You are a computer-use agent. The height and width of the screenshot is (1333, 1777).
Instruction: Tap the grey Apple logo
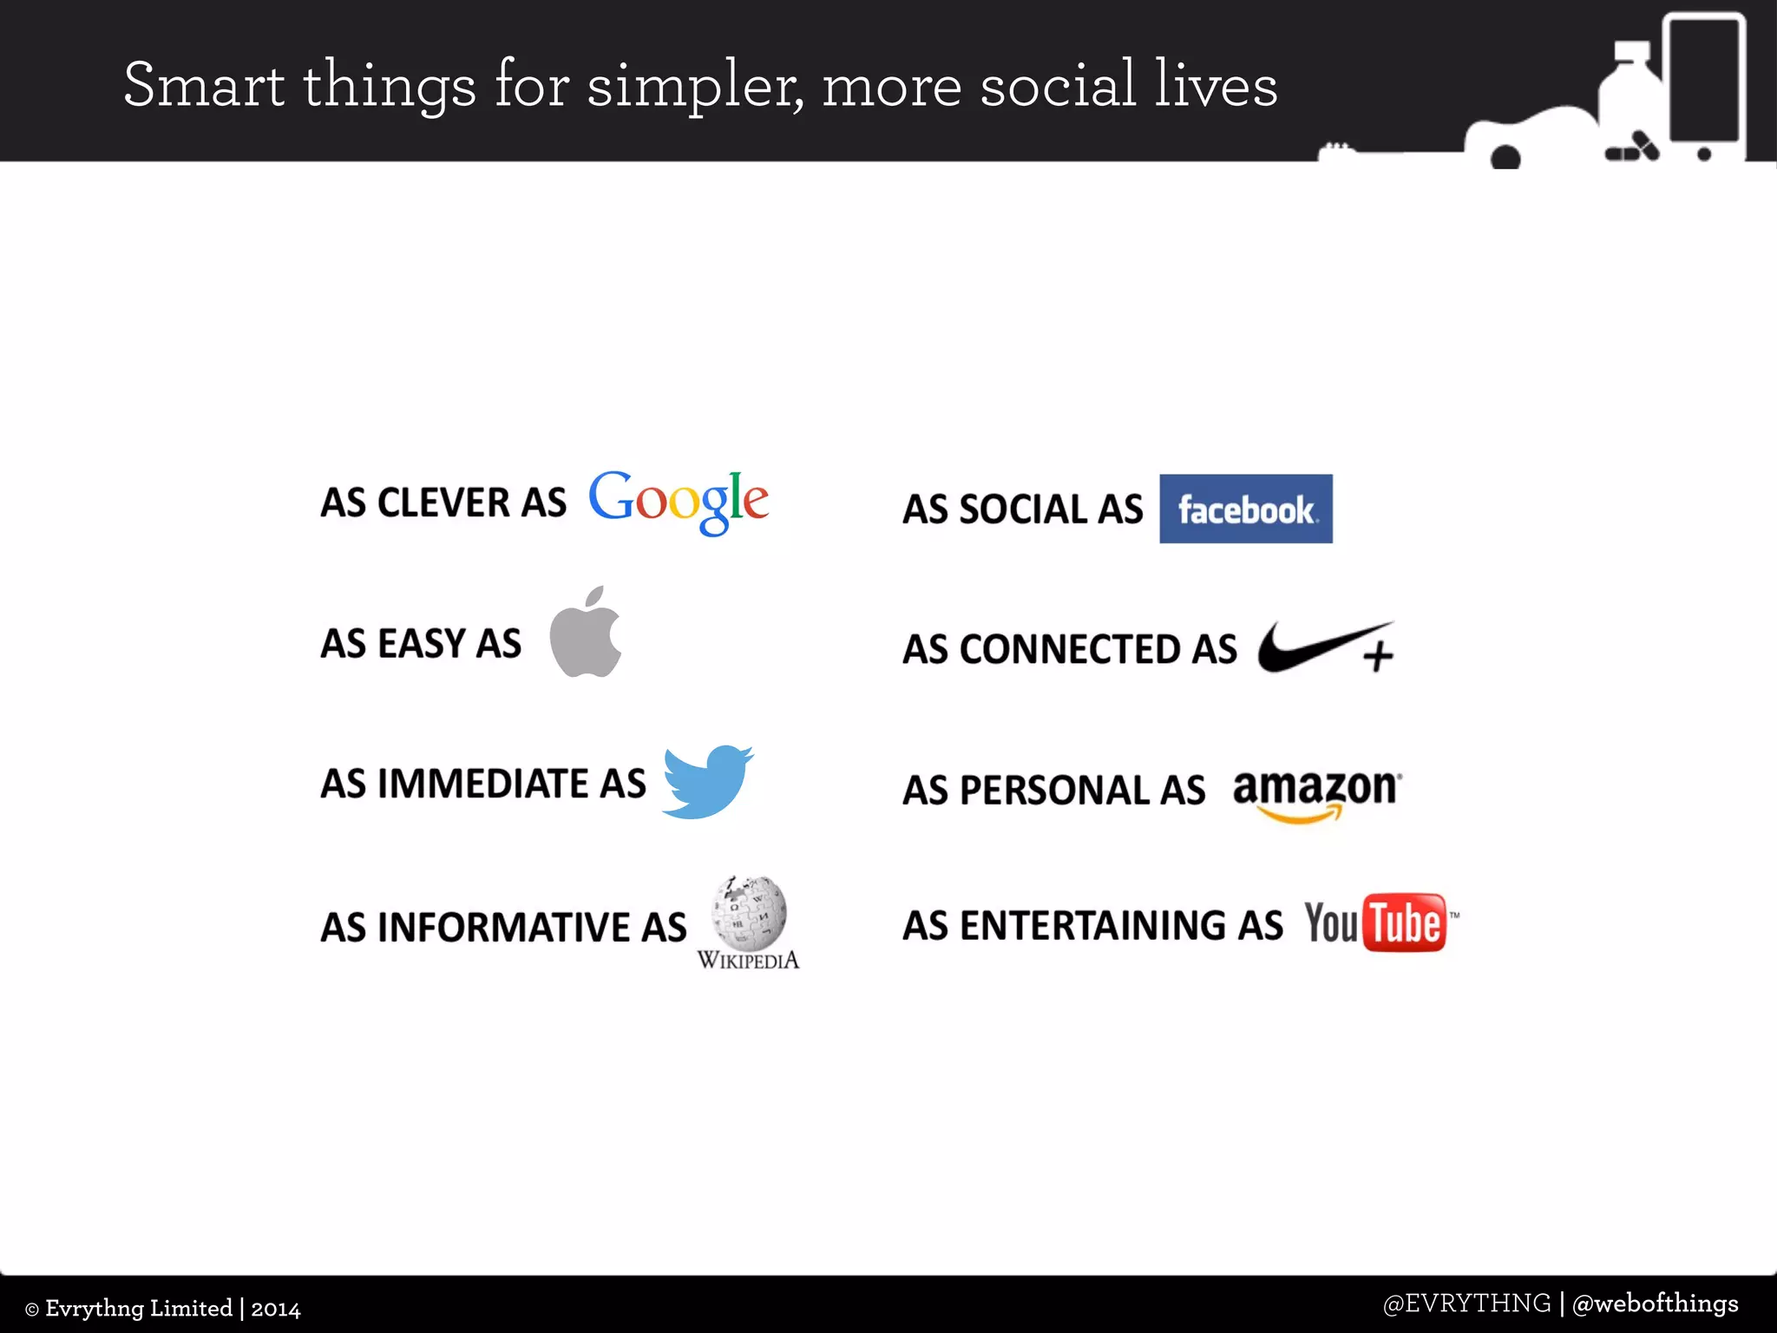[586, 634]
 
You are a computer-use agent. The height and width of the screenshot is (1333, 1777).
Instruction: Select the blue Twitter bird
[706, 781]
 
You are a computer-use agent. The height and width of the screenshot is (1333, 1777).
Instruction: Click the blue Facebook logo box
[1245, 509]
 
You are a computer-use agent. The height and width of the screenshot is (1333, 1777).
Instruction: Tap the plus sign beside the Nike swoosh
[1377, 657]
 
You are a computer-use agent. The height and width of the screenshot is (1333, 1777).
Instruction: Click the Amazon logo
[1316, 791]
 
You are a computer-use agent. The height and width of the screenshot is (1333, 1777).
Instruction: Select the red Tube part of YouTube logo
[1405, 923]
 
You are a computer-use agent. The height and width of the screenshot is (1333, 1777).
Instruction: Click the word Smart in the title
[203, 85]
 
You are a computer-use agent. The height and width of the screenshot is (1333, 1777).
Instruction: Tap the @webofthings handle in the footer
[1656, 1303]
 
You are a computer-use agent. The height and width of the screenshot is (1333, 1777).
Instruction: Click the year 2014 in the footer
[276, 1309]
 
